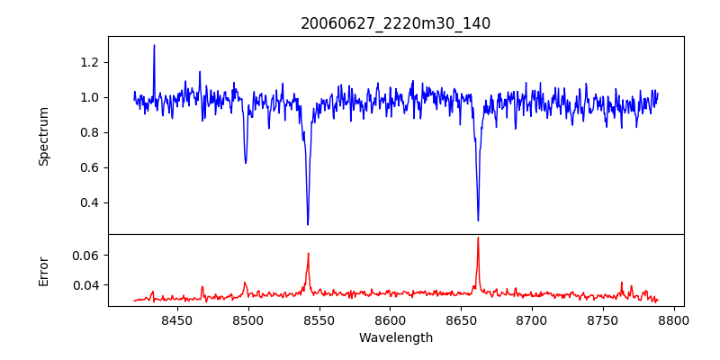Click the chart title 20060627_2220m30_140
pyautogui.click(x=395, y=23)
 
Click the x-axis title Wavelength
pyautogui.click(x=395, y=338)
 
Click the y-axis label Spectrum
pyautogui.click(x=44, y=136)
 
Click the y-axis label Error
pyautogui.click(x=44, y=271)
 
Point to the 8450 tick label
pyautogui.click(x=177, y=319)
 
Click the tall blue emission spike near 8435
pyautogui.click(x=154, y=46)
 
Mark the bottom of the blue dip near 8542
pyautogui.click(x=308, y=224)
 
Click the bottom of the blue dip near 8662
pyautogui.click(x=478, y=220)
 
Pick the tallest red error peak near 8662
pyautogui.click(x=478, y=238)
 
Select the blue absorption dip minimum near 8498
pyautogui.click(x=246, y=163)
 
